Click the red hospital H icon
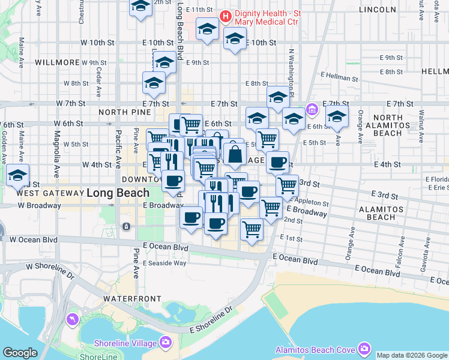[226, 16]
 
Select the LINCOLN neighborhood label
[377, 10]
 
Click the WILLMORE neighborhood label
[57, 62]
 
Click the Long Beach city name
[118, 193]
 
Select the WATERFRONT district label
[132, 298]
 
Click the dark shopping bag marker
[235, 155]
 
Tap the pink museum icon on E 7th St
[312, 110]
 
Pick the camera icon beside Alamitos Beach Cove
[364, 349]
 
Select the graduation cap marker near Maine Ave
[18, 176]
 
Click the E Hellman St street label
[339, 78]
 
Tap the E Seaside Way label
[164, 263]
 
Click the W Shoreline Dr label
[49, 271]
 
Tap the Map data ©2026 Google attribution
[412, 355]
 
